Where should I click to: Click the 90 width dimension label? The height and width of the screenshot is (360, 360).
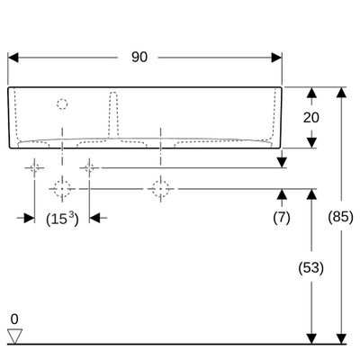tap(139, 57)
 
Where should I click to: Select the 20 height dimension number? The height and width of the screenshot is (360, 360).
tap(311, 118)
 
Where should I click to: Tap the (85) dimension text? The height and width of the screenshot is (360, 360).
tap(340, 217)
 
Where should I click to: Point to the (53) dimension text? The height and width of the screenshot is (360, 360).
tap(311, 267)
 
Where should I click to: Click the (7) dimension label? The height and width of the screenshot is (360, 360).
tap(282, 217)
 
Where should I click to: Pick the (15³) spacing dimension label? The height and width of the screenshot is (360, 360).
tap(62, 219)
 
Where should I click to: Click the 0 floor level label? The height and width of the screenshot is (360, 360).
tap(14, 319)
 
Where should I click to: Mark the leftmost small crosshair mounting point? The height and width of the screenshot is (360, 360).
tap(34, 167)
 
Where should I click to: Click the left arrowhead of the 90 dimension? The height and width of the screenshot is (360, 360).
tap(13, 58)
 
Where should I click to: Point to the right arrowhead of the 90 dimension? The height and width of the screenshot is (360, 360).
tap(276, 58)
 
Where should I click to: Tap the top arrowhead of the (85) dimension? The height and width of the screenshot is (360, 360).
tap(341, 92)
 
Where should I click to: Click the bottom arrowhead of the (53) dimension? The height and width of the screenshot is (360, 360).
tap(311, 338)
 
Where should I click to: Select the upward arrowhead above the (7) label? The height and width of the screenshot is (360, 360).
tap(282, 194)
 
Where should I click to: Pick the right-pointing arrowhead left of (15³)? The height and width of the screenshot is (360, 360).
tap(30, 218)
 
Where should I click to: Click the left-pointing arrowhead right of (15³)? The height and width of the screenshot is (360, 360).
tap(94, 218)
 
